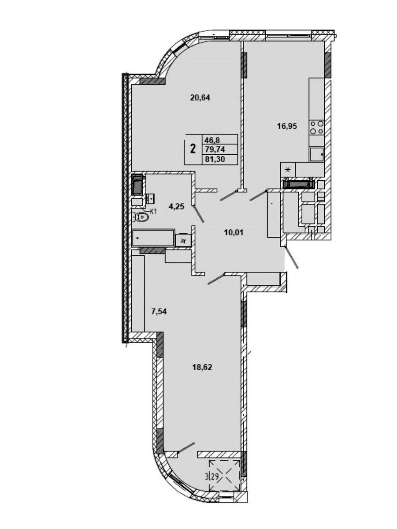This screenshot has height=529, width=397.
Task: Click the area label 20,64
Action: click(200, 98)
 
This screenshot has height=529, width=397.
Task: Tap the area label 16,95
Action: click(287, 126)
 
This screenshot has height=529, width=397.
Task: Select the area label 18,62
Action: click(202, 368)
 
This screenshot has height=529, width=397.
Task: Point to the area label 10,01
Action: click(234, 233)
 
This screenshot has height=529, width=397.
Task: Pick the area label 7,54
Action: click(159, 312)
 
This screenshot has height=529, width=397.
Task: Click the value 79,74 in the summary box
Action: click(215, 149)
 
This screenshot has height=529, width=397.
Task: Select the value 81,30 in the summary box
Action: click(215, 159)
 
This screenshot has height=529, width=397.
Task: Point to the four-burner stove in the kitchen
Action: click(317, 127)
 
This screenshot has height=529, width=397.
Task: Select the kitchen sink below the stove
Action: click(317, 154)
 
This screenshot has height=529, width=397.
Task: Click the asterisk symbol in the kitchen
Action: click(288, 170)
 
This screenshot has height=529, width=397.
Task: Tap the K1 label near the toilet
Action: click(153, 212)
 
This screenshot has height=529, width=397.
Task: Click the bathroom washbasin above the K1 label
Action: click(151, 198)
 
